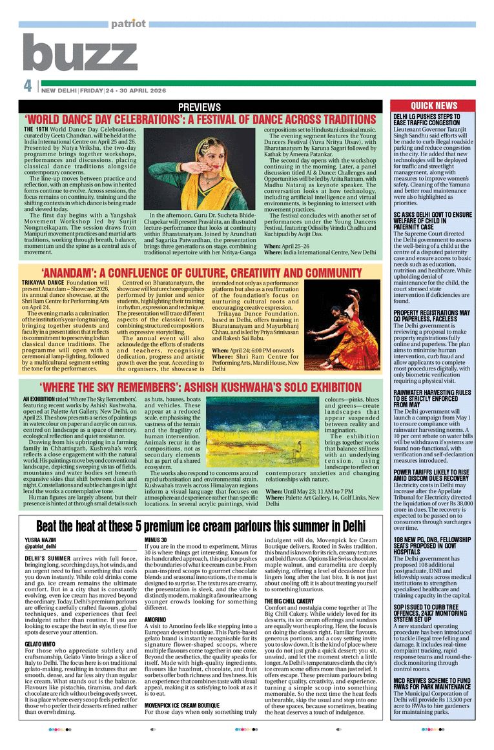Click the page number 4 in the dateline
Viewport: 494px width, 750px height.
tap(27, 86)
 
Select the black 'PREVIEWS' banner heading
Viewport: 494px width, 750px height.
tap(200, 106)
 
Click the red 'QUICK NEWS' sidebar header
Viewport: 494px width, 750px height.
tap(433, 106)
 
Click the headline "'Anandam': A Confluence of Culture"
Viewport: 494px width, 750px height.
tap(201, 273)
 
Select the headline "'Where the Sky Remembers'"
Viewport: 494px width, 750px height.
tap(201, 387)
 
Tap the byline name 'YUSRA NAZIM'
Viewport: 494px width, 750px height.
tap(37, 557)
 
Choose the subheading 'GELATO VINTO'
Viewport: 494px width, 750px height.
tap(39, 645)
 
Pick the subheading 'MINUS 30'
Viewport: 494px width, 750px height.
tap(156, 557)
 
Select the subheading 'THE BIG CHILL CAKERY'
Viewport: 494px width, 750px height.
tap(289, 601)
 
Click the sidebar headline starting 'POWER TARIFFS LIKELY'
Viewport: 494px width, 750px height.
tap(431, 474)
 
